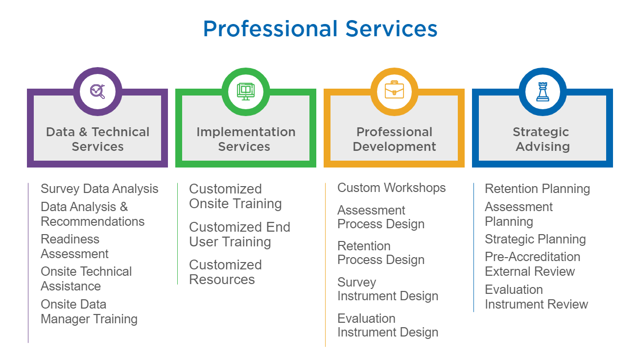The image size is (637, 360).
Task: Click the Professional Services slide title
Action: [x=320, y=29]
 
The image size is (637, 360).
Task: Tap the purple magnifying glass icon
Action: [x=97, y=92]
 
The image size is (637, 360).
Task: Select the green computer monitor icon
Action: [x=246, y=92]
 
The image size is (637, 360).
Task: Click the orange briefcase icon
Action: [x=394, y=90]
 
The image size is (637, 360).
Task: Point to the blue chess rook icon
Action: [x=543, y=92]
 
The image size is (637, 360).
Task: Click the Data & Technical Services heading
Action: [x=97, y=139]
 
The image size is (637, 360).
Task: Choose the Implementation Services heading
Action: [x=246, y=139]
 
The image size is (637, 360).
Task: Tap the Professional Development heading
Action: [x=394, y=139]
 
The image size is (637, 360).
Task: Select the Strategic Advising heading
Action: [x=543, y=139]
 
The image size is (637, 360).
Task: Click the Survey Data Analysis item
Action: [x=99, y=189]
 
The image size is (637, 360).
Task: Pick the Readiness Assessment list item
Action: [x=74, y=246]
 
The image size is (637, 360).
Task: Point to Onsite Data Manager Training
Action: [x=89, y=312]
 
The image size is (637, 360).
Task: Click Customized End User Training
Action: [x=240, y=235]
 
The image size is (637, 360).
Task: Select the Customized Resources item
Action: [x=226, y=272]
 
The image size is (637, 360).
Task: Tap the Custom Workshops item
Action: [x=392, y=188]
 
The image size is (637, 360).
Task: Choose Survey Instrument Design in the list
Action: [x=388, y=289]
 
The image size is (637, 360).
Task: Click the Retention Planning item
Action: [x=538, y=189]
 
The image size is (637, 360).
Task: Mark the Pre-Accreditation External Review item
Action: [x=533, y=264]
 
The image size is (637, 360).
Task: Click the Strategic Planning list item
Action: [x=536, y=240]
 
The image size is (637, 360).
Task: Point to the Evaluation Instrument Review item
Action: [x=536, y=297]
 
